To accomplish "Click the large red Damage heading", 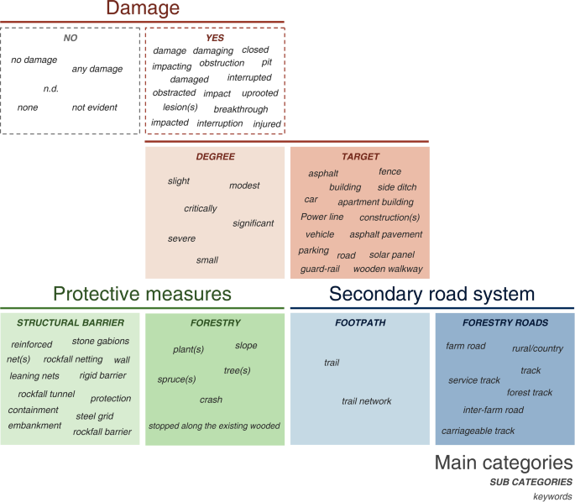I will coord(143,9).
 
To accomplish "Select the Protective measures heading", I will coord(141,294).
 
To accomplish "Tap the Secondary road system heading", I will coord(431,294).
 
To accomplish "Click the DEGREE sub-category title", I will coord(215,157).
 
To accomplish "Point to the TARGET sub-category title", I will coord(360,157).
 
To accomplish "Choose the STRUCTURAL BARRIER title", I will coord(71,322).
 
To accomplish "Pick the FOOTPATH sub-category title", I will coord(360,322).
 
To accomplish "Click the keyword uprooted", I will coord(259,93).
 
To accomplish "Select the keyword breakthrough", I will coord(241,109).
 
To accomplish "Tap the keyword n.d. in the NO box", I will coord(51,88).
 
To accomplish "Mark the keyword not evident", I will coord(95,107).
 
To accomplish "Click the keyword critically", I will coord(201,208).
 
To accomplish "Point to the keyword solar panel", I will coord(392,254).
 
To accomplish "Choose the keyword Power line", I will coord(322,217).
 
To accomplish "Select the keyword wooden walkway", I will coord(388,269).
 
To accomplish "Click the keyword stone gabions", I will coord(101,341).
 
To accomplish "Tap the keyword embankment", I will coord(34,425).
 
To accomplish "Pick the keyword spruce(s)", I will coord(176,379).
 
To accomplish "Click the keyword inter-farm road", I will coord(494,410).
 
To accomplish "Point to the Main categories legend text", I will coord(504,463).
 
